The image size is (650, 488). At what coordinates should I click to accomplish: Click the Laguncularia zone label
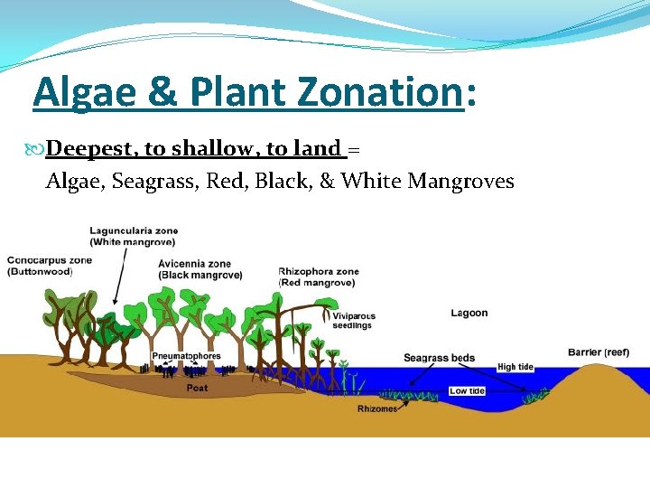[134, 236]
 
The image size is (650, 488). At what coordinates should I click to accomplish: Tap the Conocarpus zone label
[50, 265]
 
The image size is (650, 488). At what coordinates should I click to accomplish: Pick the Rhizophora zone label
[319, 277]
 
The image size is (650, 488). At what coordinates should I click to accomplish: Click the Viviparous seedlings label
[354, 321]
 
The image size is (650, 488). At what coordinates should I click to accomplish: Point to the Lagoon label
[469, 313]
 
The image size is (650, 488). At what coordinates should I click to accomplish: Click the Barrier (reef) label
[599, 352]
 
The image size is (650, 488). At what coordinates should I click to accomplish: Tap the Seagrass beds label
[439, 358]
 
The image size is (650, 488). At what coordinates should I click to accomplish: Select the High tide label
[518, 367]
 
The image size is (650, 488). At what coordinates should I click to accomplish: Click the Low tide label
[468, 391]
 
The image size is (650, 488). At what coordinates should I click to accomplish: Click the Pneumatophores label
[186, 356]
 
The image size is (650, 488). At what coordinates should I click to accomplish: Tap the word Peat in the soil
[197, 388]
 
